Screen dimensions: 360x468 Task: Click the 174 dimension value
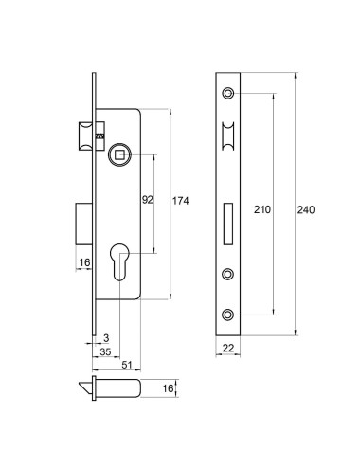click(x=180, y=201)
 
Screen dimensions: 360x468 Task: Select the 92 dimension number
click(x=148, y=200)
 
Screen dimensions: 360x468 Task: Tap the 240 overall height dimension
click(x=306, y=209)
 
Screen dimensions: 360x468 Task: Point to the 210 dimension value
click(x=262, y=209)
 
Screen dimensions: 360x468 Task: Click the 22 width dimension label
click(x=228, y=348)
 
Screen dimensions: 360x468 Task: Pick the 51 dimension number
click(x=127, y=365)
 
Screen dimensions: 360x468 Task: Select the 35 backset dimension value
click(x=105, y=351)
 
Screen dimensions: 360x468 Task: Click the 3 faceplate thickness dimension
click(x=106, y=338)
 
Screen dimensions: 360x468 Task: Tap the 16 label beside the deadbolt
click(x=84, y=262)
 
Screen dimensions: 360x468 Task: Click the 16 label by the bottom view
click(x=168, y=388)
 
